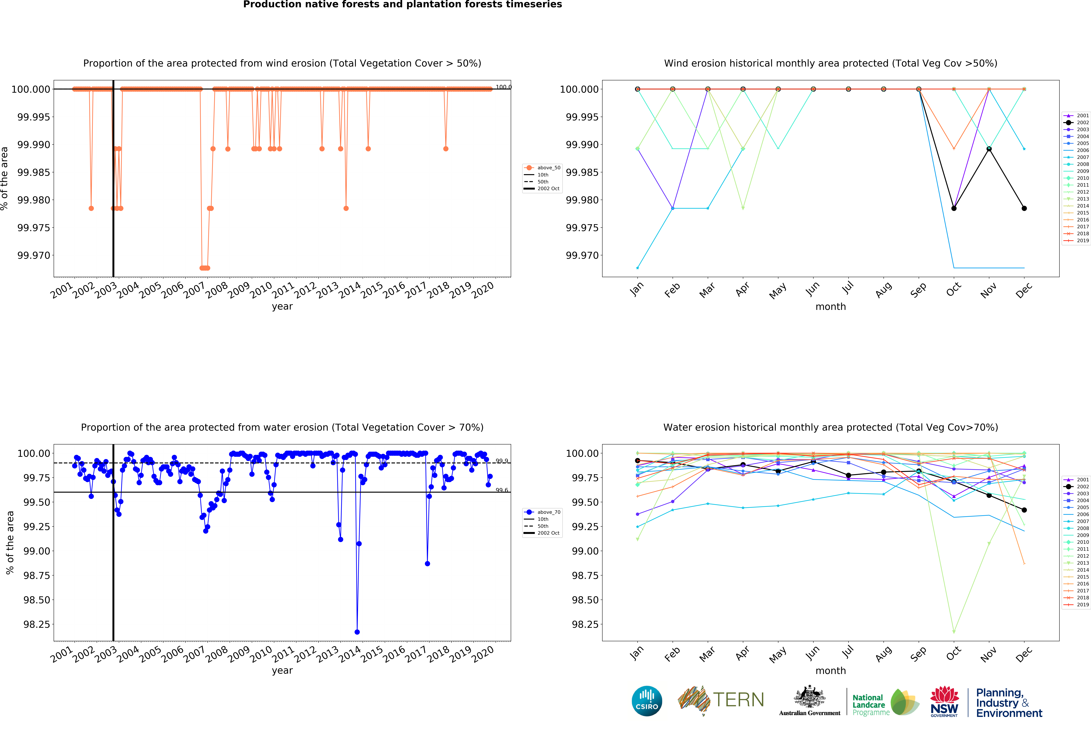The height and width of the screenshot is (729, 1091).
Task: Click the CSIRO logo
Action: click(647, 701)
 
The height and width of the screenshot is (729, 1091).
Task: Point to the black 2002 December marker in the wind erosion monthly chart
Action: click(1024, 208)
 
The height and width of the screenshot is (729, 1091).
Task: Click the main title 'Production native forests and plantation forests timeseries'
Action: click(403, 5)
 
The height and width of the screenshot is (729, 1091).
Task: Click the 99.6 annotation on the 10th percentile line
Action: click(502, 490)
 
